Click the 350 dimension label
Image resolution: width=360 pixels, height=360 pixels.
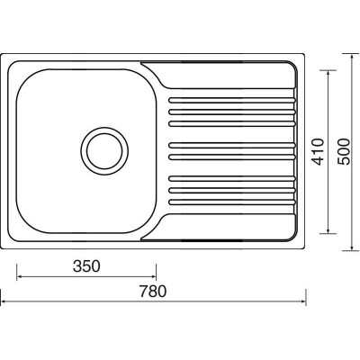click(x=86, y=266)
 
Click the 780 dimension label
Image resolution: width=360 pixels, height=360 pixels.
click(x=153, y=292)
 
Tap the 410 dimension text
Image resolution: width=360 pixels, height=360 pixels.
click(x=319, y=152)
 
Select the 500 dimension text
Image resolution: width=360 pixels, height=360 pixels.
click(x=344, y=152)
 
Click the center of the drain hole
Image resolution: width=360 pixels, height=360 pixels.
click(x=104, y=151)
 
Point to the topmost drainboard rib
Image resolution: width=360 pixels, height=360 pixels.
click(x=232, y=100)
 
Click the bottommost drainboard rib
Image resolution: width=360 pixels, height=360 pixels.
click(x=232, y=202)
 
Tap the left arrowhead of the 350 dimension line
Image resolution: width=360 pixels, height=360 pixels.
click(x=19, y=276)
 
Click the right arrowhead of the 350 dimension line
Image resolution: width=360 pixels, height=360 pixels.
click(x=154, y=276)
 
